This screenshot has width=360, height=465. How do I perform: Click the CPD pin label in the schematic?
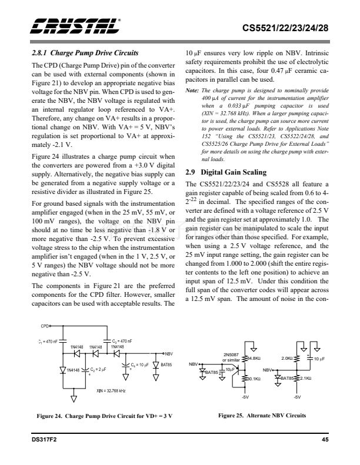[x=45, y=325]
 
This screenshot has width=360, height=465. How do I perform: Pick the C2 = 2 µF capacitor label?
[x=96, y=369]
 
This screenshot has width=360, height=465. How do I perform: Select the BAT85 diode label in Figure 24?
[x=168, y=365]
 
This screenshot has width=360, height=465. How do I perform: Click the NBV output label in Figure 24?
[x=168, y=353]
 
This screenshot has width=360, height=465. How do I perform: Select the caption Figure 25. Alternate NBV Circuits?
[x=258, y=416]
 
